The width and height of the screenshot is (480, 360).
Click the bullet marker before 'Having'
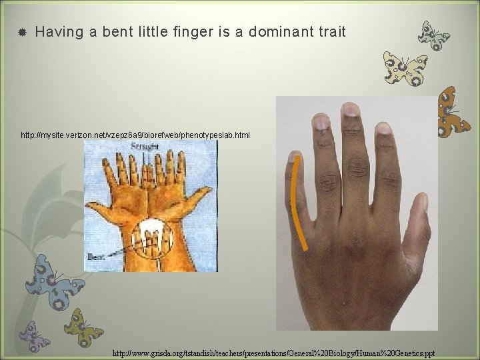coord(21,32)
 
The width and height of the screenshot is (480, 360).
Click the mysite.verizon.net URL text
coord(135,135)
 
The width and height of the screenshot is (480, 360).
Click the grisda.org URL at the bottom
coord(273,353)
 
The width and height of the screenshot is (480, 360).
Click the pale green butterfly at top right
coord(433,35)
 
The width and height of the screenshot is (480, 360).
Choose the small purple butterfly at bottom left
coord(33,335)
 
